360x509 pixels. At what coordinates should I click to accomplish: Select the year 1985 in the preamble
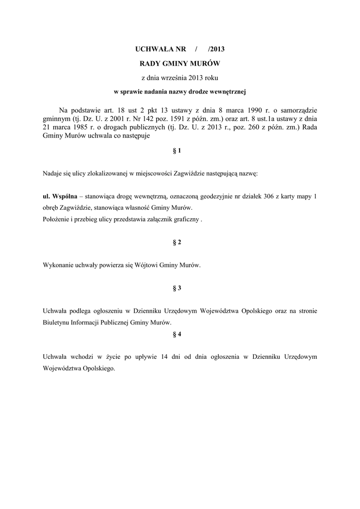pyautogui.click(x=84, y=128)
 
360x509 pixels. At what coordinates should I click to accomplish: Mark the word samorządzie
pyautogui.click(x=297, y=110)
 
